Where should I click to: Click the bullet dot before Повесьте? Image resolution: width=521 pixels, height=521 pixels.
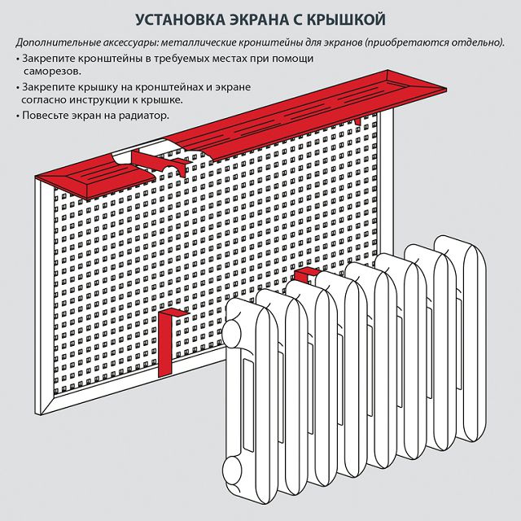point(17,116)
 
